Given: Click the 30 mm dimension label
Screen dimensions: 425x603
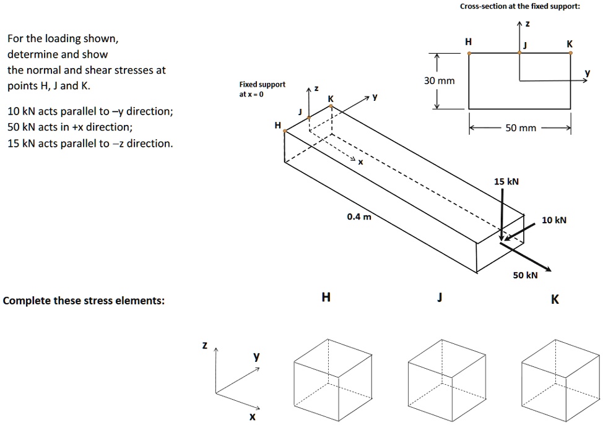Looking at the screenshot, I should click(x=439, y=81).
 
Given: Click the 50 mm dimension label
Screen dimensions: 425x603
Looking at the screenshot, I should click(x=520, y=128).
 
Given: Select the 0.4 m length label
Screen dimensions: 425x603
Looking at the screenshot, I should click(x=359, y=216).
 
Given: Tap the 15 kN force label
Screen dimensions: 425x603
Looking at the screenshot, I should click(x=506, y=182).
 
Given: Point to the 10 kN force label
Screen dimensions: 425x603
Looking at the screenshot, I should click(x=553, y=220).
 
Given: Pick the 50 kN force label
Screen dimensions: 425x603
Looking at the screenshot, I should click(x=525, y=275).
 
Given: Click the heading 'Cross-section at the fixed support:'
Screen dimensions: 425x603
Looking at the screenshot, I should click(x=519, y=7).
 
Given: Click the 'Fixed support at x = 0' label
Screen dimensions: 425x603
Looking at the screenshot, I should click(x=262, y=89).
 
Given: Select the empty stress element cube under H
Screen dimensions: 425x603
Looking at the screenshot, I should click(x=333, y=374).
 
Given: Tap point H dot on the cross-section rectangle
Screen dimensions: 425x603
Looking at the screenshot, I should click(x=469, y=54).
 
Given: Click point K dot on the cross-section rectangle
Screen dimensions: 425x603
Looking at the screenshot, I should click(x=571, y=54).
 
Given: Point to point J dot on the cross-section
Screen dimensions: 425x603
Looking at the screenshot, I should click(x=519, y=54).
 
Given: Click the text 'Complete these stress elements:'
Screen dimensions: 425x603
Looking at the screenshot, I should click(x=84, y=301).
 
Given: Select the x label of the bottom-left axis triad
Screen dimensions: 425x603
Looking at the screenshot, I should click(x=251, y=417).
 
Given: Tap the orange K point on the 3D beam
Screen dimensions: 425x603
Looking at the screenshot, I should click(x=331, y=106).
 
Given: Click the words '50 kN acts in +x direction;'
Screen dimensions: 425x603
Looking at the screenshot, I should click(x=69, y=127).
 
